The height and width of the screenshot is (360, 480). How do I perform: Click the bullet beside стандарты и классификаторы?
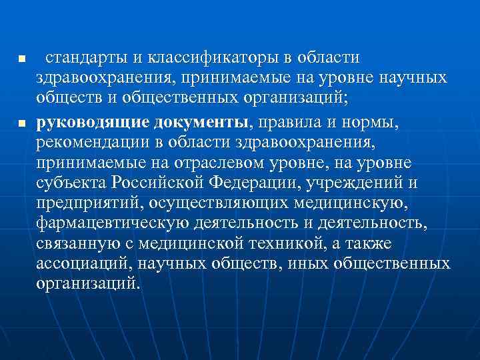click(x=22, y=60)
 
